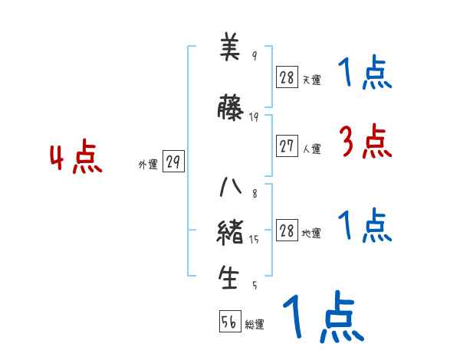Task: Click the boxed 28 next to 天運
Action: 287,77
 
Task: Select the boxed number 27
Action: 287,147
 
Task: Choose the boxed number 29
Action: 173,162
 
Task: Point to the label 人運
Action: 311,149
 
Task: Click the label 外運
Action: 148,164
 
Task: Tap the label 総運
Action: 255,325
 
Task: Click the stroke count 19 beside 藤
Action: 255,116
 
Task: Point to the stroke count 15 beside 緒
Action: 255,240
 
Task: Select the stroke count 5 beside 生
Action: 255,286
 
